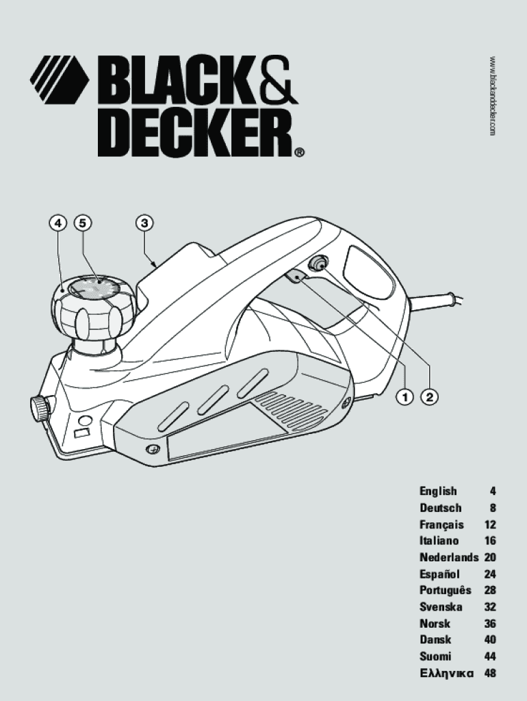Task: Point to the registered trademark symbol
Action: pyautogui.click(x=300, y=152)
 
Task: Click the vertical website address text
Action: pyautogui.click(x=492, y=96)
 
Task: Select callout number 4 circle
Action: pyautogui.click(x=57, y=222)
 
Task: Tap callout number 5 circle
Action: pyautogui.click(x=83, y=222)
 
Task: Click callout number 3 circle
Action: pyautogui.click(x=144, y=222)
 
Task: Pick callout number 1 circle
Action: pyautogui.click(x=405, y=396)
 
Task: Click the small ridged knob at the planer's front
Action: pyautogui.click(x=39, y=407)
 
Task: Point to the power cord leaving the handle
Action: pyautogui.click(x=437, y=301)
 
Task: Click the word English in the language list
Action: pyautogui.click(x=438, y=492)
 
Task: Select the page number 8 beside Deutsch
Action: pyautogui.click(x=493, y=508)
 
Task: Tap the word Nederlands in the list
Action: pyautogui.click(x=449, y=557)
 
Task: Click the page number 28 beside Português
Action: pyautogui.click(x=490, y=590)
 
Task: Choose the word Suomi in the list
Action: pyautogui.click(x=435, y=657)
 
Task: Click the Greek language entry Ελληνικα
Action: pyautogui.click(x=446, y=673)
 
